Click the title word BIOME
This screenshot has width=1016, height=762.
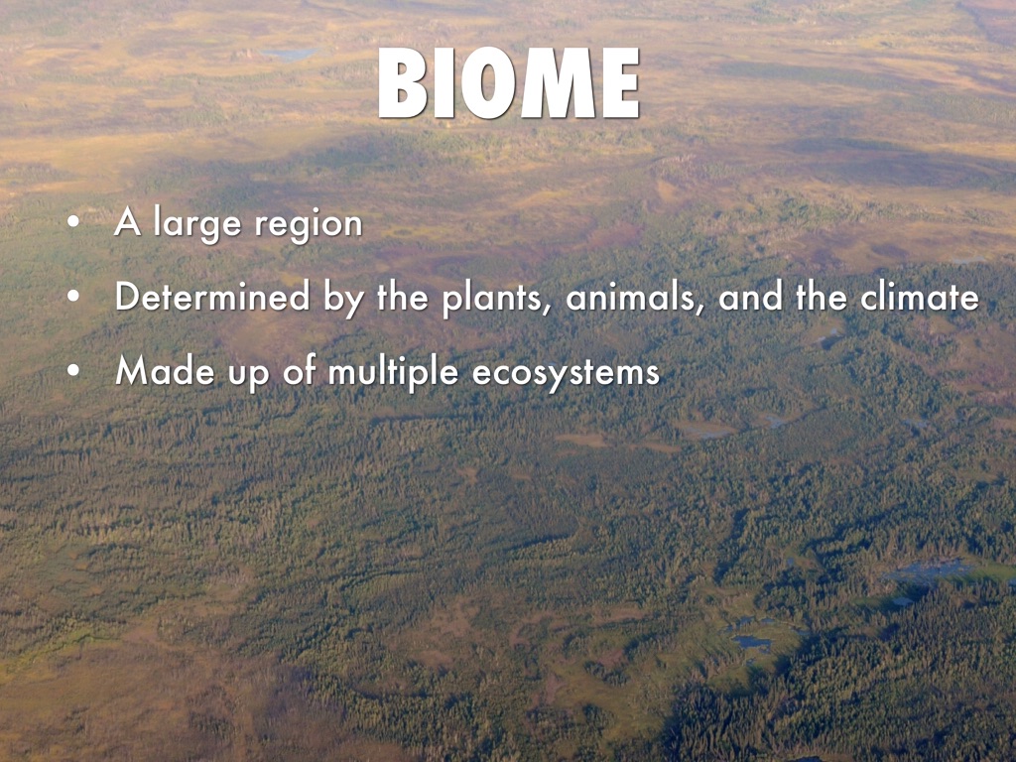(509, 83)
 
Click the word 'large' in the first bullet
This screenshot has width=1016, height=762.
(197, 225)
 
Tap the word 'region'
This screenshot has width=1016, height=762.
(308, 225)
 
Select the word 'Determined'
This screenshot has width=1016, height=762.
(212, 296)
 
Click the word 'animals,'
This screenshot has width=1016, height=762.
(635, 298)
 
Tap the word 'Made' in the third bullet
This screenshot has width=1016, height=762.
(166, 371)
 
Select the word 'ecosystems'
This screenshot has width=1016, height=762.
(566, 374)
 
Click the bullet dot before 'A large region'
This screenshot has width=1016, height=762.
(73, 221)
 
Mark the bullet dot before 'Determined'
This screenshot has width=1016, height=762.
(73, 296)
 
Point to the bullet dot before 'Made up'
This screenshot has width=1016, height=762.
(73, 371)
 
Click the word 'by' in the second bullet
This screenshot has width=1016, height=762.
(343, 300)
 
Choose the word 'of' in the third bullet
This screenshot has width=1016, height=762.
(300, 370)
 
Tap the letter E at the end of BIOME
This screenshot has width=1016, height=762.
(621, 83)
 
